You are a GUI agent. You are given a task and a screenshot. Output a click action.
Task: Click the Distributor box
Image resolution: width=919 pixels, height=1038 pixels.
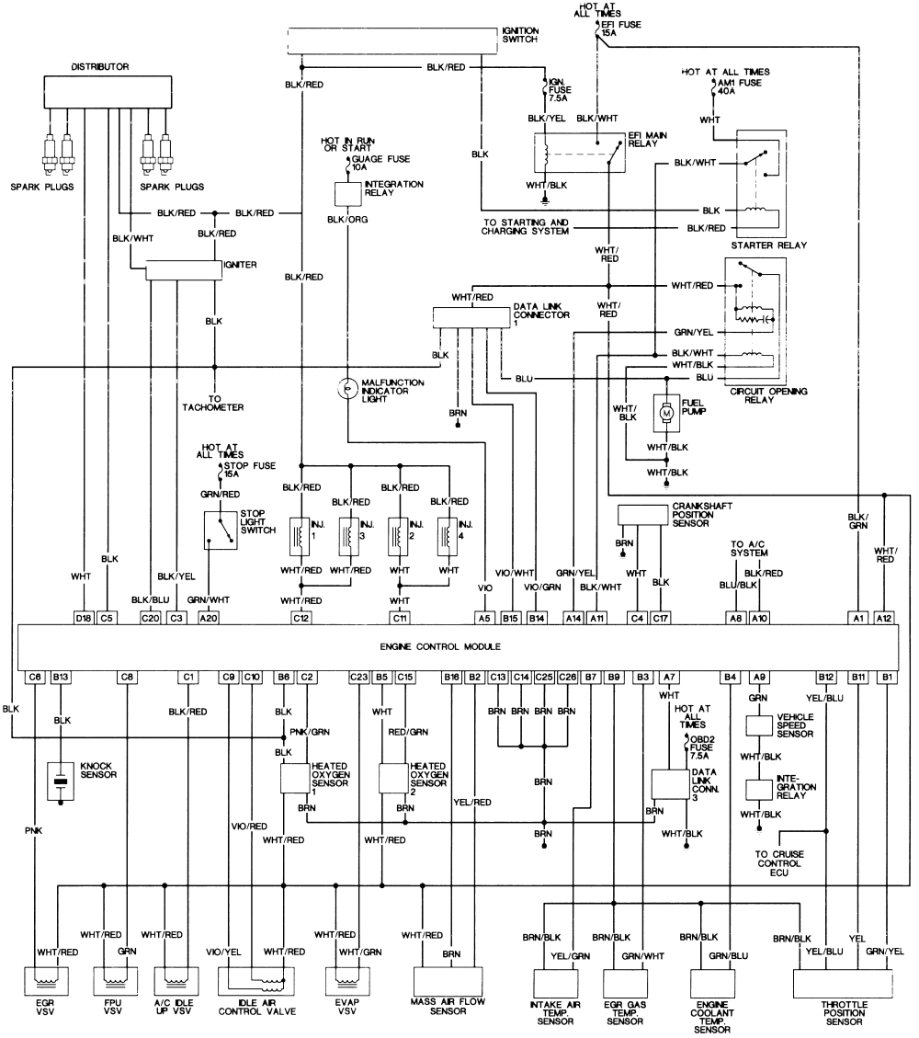coord(108,92)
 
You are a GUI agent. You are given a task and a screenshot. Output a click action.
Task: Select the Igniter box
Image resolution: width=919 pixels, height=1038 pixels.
coord(184,269)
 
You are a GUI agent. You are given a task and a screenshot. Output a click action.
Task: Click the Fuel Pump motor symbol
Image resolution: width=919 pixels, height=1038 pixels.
coord(664,416)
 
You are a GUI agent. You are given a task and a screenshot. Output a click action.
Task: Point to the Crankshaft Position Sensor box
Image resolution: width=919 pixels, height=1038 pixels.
coord(653,515)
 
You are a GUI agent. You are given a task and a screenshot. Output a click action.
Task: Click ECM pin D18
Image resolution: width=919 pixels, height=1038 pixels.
coord(84,618)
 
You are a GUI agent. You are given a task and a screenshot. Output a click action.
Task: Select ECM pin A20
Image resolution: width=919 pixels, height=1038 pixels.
coord(210,618)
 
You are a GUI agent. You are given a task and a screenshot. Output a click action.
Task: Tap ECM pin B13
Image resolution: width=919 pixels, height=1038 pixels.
coord(62,678)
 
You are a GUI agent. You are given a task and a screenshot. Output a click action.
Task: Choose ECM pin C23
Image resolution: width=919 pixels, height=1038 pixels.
coord(358,678)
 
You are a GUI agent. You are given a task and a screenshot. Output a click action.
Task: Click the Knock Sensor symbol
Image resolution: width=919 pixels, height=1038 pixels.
coord(61,781)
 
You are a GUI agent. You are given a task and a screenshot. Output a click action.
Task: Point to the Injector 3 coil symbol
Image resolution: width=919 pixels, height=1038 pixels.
coord(347,534)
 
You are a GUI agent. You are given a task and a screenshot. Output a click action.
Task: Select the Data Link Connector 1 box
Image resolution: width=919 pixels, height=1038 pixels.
coord(472,316)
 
